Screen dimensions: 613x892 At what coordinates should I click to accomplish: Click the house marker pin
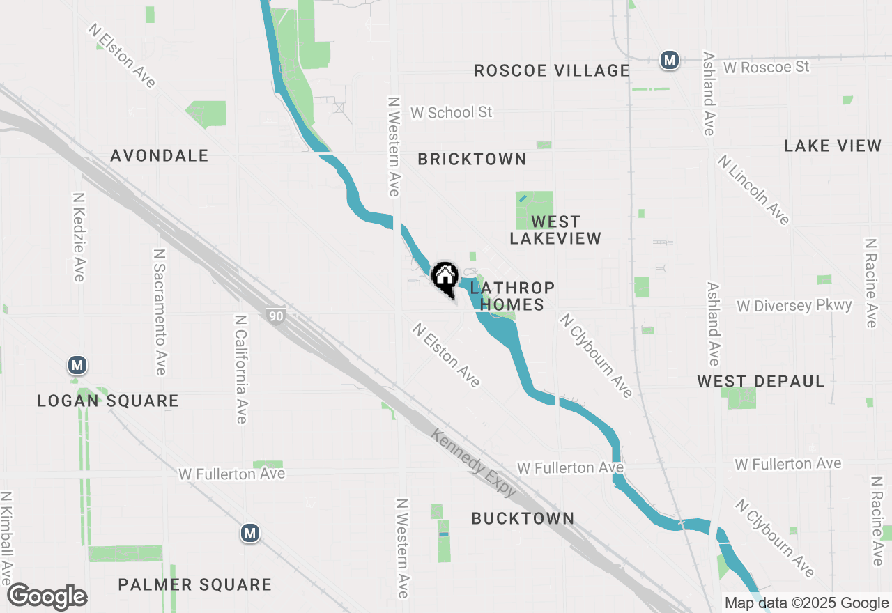click(x=445, y=278)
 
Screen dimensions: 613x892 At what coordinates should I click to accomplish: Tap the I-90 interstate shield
click(x=276, y=316)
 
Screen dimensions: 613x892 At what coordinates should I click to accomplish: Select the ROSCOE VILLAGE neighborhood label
click(x=552, y=70)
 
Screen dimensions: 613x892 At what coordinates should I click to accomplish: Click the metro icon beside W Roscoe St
click(x=670, y=60)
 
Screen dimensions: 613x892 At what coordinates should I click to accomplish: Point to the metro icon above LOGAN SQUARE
click(x=77, y=365)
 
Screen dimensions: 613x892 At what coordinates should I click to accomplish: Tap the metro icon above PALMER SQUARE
click(x=250, y=534)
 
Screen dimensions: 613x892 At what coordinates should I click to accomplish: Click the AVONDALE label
click(x=160, y=155)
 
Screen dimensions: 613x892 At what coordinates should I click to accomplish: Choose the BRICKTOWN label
click(x=472, y=159)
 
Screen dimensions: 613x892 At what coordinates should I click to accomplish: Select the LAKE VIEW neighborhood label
click(x=833, y=146)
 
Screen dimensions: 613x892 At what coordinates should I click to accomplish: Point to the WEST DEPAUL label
click(x=761, y=381)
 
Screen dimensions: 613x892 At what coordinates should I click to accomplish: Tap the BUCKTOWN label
click(x=523, y=518)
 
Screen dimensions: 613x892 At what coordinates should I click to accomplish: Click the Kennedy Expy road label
click(x=474, y=463)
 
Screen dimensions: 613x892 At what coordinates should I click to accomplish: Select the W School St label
click(x=451, y=112)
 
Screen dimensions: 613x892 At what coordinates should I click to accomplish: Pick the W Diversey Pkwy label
click(x=794, y=306)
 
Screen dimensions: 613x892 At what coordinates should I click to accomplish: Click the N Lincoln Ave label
click(x=754, y=189)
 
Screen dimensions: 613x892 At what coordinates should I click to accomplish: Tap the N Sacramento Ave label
click(x=160, y=311)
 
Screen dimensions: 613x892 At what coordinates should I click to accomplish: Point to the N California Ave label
click(x=241, y=368)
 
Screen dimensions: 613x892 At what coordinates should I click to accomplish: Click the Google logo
click(x=47, y=597)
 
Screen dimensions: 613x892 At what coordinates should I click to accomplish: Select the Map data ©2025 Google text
click(x=806, y=603)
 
